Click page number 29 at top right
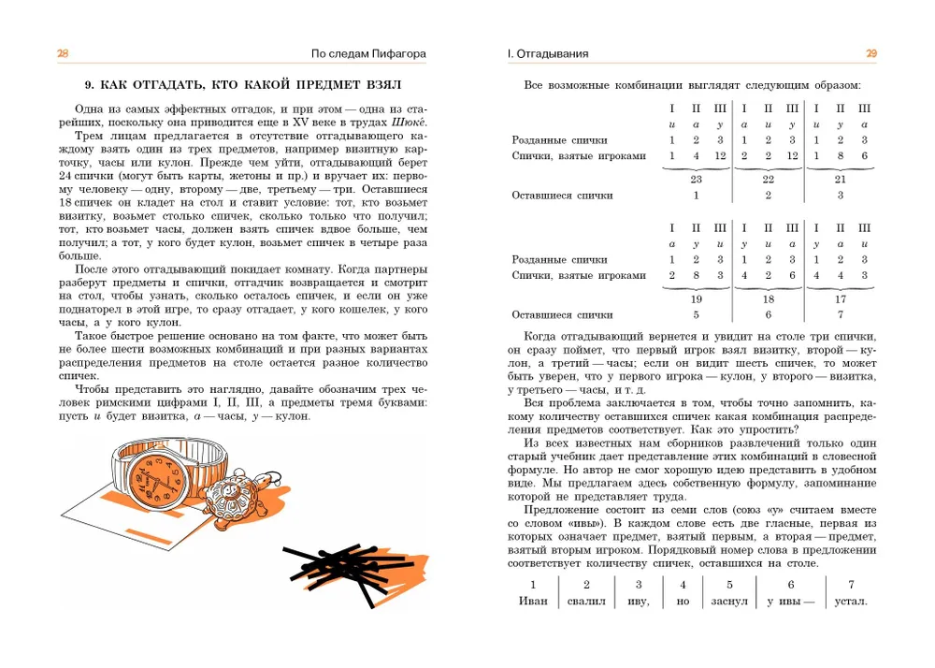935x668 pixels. (x=870, y=54)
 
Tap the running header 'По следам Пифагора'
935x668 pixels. (x=369, y=54)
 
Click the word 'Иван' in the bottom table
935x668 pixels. (x=533, y=601)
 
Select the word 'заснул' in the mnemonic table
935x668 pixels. (x=729, y=601)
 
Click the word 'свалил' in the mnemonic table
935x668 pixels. (x=586, y=601)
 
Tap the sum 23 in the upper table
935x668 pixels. (x=696, y=178)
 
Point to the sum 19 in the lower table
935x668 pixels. (x=696, y=299)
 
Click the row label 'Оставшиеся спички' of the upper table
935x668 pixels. (x=563, y=196)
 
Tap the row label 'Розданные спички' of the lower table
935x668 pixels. (x=560, y=259)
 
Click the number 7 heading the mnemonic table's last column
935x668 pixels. (x=850, y=584)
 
